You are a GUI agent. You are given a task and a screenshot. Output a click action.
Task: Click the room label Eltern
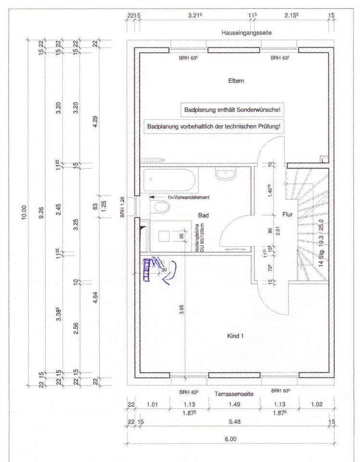[236, 81]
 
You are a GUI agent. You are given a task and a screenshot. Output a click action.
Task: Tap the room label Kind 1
[235, 336]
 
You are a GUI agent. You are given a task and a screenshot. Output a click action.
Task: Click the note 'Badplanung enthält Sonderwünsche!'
[231, 110]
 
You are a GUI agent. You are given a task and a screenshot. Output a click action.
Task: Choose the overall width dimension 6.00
[230, 439]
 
